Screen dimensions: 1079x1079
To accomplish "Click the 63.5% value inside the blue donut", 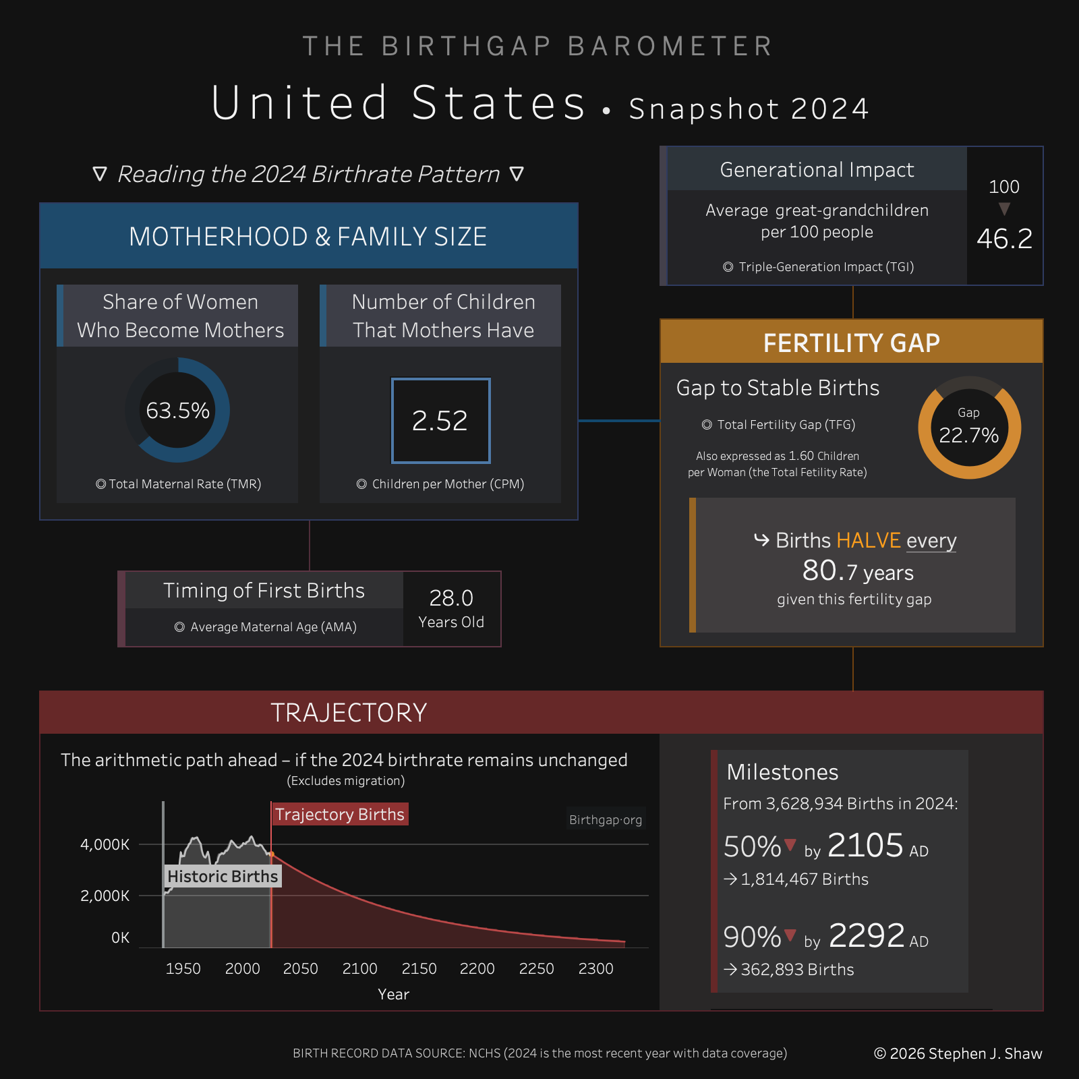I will click(178, 410).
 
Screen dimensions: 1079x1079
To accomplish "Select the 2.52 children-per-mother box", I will click(440, 421).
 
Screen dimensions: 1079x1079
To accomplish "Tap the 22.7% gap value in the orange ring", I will click(969, 435).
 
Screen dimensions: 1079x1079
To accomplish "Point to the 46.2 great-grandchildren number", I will click(1004, 239).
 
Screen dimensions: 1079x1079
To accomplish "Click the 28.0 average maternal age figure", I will click(451, 598).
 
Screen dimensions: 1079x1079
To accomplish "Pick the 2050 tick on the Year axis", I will click(301, 968).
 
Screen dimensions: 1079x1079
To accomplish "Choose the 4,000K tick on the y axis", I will click(105, 844).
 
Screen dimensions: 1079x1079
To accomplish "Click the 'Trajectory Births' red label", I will click(340, 815).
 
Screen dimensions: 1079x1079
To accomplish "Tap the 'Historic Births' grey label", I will click(223, 876).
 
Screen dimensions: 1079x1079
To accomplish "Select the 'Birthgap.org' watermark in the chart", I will click(606, 819).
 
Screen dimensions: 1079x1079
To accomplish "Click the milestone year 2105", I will click(865, 845).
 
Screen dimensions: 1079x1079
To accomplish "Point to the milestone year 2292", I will click(866, 935).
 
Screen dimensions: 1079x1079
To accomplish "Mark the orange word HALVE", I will click(869, 540).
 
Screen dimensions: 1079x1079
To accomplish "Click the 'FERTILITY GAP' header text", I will click(851, 343).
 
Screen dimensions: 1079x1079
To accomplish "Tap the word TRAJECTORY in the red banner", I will click(349, 712).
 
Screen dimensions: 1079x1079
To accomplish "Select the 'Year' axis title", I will click(393, 994).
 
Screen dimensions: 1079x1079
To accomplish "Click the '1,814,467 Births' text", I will click(805, 879).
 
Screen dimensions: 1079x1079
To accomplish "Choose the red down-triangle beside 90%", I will click(790, 935).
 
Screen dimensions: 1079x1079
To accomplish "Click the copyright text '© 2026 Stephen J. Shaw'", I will click(958, 1053).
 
